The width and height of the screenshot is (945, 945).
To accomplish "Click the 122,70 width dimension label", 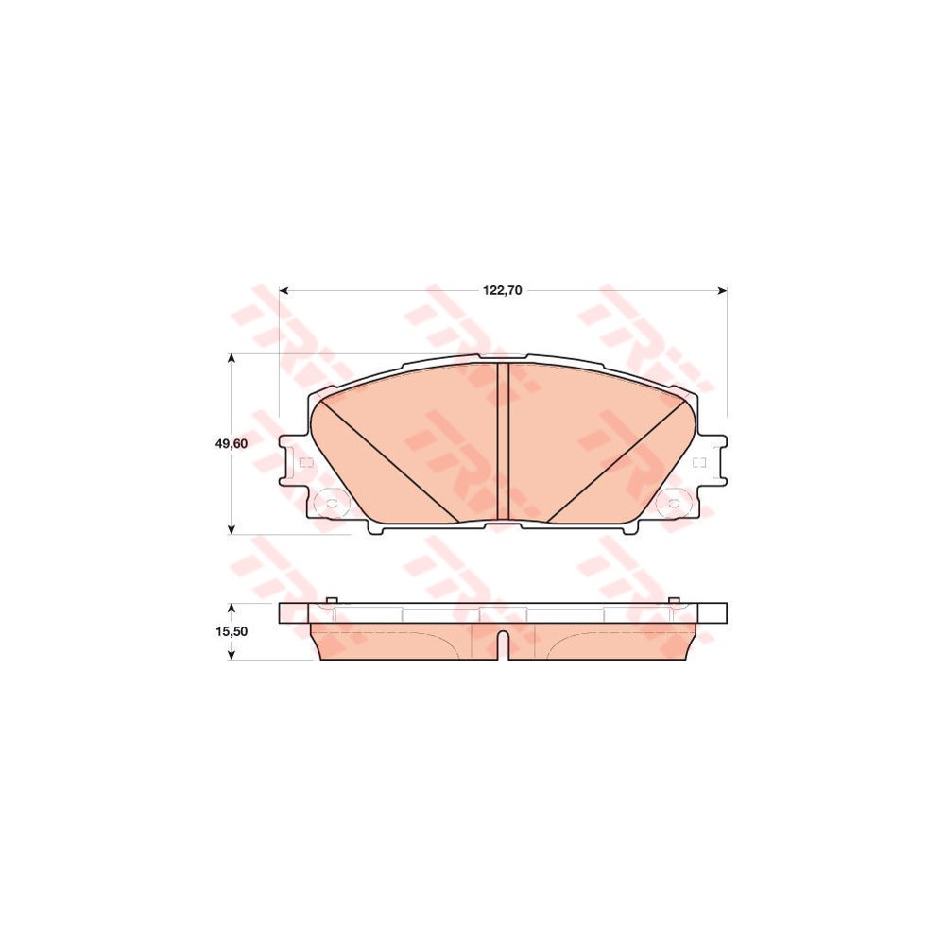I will (x=503, y=290).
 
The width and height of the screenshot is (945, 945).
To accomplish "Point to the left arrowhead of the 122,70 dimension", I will (x=283, y=290).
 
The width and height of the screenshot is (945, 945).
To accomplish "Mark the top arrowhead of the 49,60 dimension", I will (x=232, y=359).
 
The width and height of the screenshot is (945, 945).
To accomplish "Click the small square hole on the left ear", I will (x=304, y=463).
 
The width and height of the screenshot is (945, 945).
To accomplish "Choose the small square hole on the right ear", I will (x=699, y=462).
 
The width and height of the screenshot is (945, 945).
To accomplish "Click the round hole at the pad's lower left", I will (x=330, y=502).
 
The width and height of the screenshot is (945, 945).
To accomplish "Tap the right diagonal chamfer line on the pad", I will (x=616, y=460).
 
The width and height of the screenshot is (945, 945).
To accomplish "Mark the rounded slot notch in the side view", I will (x=503, y=644).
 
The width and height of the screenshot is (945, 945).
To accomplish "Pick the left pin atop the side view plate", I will (x=330, y=601).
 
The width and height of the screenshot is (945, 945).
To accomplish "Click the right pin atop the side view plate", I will (x=673, y=601).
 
